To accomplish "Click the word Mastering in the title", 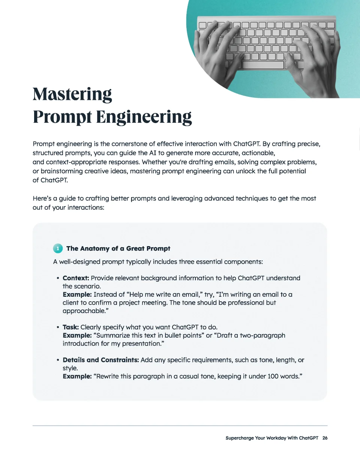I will click(72, 94).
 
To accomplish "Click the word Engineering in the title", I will click(144, 117).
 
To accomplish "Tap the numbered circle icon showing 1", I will click(58, 248).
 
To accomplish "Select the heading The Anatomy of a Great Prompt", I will click(118, 248).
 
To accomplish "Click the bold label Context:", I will click(76, 278).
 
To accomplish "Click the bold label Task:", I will click(70, 327).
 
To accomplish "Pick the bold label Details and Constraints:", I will click(100, 360).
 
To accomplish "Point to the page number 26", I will click(325, 438).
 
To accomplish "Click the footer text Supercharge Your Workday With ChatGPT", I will click(271, 438).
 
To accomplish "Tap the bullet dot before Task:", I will click(58, 328).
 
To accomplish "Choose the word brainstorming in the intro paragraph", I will click(61, 171).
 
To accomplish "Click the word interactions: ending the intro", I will click(85, 207).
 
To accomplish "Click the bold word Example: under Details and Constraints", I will click(77, 376).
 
